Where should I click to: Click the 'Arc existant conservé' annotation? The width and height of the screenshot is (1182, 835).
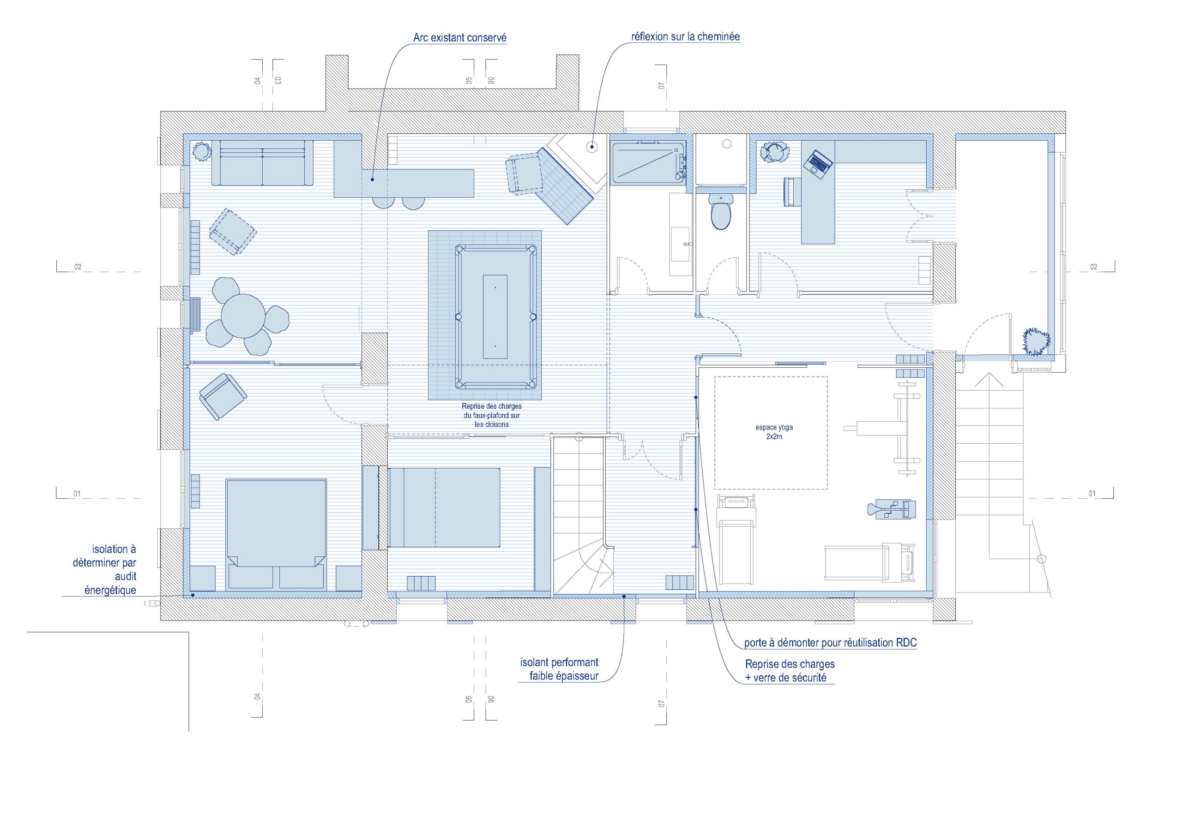(x=460, y=37)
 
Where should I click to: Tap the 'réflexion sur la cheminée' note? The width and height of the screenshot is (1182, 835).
(x=685, y=36)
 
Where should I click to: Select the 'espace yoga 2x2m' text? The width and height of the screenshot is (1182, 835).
(x=774, y=432)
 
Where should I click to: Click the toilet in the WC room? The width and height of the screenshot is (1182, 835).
(x=721, y=211)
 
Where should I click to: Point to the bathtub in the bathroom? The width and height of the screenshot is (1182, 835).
(x=648, y=163)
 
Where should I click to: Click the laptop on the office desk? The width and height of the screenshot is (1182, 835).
(x=818, y=164)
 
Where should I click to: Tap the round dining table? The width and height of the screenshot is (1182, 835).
(x=243, y=316)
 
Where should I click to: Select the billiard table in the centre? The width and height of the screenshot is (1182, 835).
(x=495, y=316)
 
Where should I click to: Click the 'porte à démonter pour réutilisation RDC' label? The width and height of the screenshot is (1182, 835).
(x=830, y=643)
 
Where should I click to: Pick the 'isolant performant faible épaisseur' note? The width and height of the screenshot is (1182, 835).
(x=559, y=669)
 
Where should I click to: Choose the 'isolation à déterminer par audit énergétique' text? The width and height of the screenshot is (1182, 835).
(x=104, y=570)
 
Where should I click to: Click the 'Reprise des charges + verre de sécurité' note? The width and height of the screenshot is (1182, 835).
(x=789, y=671)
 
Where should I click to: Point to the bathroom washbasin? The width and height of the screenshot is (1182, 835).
(x=680, y=244)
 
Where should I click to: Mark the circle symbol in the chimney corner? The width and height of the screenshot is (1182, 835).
(x=592, y=147)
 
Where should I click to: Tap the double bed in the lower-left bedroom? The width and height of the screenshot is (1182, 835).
(x=276, y=534)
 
